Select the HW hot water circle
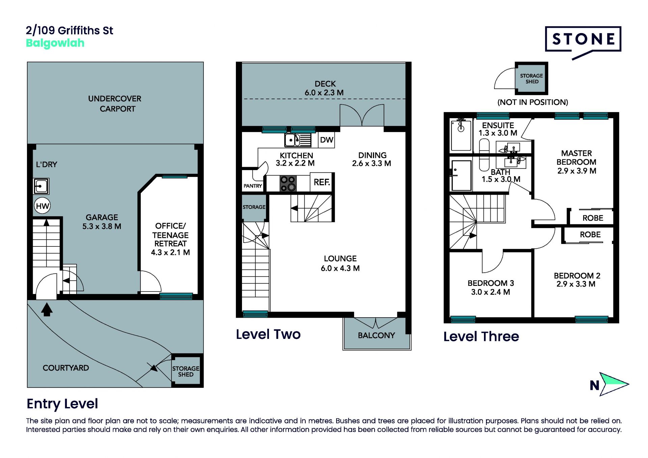coord(42,206)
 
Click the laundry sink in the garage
coord(41,186)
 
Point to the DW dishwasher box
coord(326,140)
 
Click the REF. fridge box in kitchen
coord(322,182)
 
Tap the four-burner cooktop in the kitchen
coord(288,184)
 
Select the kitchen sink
coord(298,140)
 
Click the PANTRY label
coord(253,186)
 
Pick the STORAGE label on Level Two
coord(254,207)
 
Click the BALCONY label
coord(376,335)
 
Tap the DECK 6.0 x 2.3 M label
coord(324,88)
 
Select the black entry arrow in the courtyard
coord(47,309)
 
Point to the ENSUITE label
coord(498,125)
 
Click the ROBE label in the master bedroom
coord(593,218)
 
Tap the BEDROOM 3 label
coord(491,283)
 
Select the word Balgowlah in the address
coord(55,43)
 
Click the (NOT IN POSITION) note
coord(533,102)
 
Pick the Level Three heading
coord(481,336)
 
